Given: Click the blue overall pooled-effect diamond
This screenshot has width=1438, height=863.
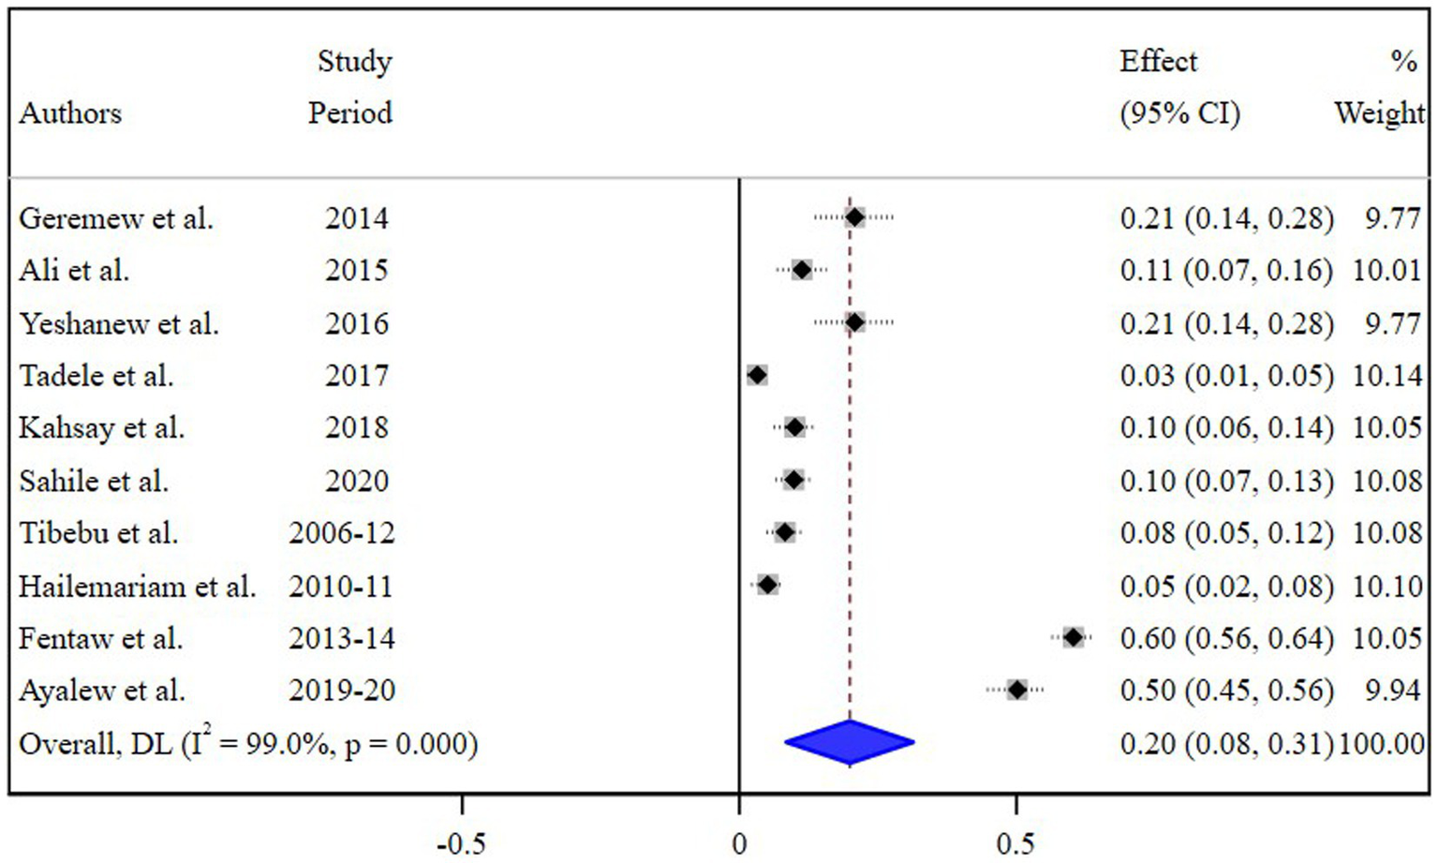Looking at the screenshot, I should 849,743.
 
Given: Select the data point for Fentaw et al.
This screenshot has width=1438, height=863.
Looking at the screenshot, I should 1073,638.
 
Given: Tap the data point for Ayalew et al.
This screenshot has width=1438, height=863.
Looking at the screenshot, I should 1017,691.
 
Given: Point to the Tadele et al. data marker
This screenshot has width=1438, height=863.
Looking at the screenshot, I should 757,376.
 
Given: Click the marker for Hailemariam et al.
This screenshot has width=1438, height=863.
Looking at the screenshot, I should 767,586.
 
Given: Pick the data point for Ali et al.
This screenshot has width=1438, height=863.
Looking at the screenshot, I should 801,271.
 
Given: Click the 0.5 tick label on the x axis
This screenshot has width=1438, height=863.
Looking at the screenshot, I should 1015,844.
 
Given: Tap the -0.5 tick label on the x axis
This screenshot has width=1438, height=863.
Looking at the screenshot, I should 461,844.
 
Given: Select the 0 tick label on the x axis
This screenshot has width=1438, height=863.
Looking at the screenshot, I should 739,844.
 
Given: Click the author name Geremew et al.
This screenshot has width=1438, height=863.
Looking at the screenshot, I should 116,218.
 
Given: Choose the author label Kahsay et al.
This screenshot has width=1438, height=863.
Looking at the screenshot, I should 101,428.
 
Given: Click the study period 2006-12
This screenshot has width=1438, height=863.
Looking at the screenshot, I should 341,533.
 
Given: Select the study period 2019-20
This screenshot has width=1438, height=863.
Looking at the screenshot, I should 341,691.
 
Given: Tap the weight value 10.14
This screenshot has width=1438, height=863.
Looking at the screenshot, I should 1386,376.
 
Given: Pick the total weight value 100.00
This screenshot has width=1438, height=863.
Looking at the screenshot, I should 1382,744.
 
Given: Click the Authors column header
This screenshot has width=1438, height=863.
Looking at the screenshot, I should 70,113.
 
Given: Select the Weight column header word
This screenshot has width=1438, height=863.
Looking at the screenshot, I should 1379,113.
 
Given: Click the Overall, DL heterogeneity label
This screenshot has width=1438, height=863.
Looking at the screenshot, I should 248,744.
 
